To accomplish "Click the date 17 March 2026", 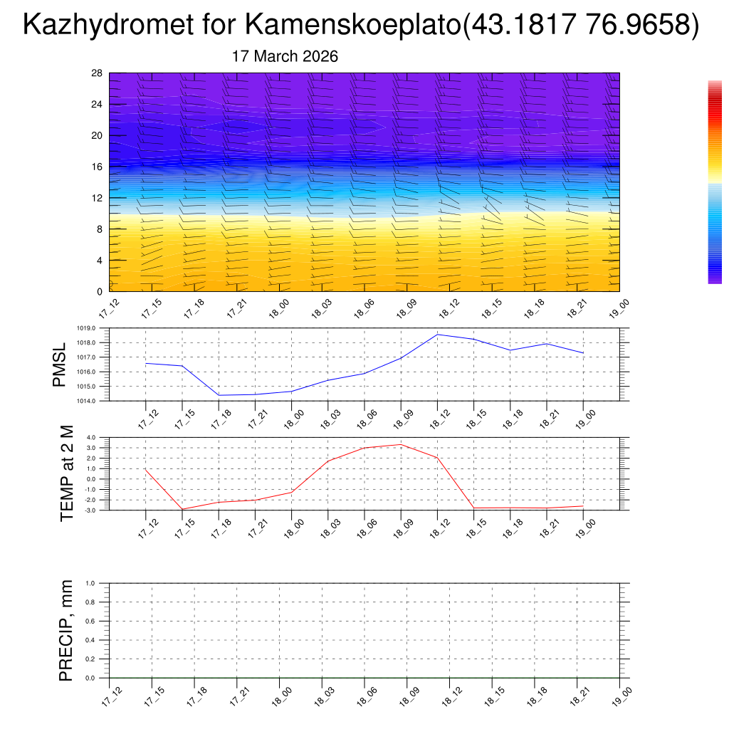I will (x=285, y=56).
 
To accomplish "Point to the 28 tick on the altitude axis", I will (x=98, y=73).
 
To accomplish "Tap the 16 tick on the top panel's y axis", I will (x=98, y=167).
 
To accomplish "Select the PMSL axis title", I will (x=59, y=364).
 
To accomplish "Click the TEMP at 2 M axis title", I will (x=67, y=473).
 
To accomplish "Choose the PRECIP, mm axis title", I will (x=66, y=630).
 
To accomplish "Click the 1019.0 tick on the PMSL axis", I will (x=93, y=328).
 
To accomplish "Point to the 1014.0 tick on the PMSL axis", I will (x=93, y=402).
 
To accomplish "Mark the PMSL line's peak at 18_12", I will (x=437, y=335).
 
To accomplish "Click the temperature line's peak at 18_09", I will (x=401, y=444).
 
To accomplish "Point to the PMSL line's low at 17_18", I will (x=219, y=395).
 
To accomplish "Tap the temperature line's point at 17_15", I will (x=182, y=509).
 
